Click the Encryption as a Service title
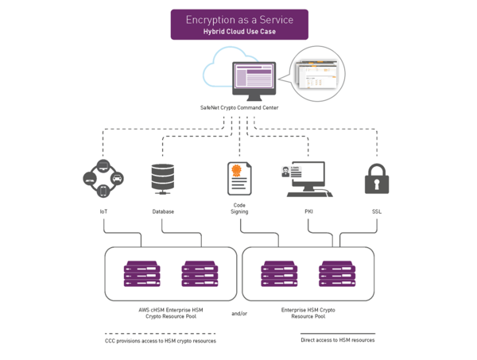pos(238,19)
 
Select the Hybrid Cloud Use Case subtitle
pos(238,31)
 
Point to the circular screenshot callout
pos(317,72)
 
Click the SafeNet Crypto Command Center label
pos(238,106)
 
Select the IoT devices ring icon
pos(103,180)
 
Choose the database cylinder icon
pos(162,178)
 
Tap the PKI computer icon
pos(308,180)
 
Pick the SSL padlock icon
pos(377,180)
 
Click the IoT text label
pos(103,211)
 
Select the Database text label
pos(163,211)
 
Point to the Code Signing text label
pos(239,208)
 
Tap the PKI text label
pos(308,211)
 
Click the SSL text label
pos(377,211)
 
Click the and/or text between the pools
pos(239,314)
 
